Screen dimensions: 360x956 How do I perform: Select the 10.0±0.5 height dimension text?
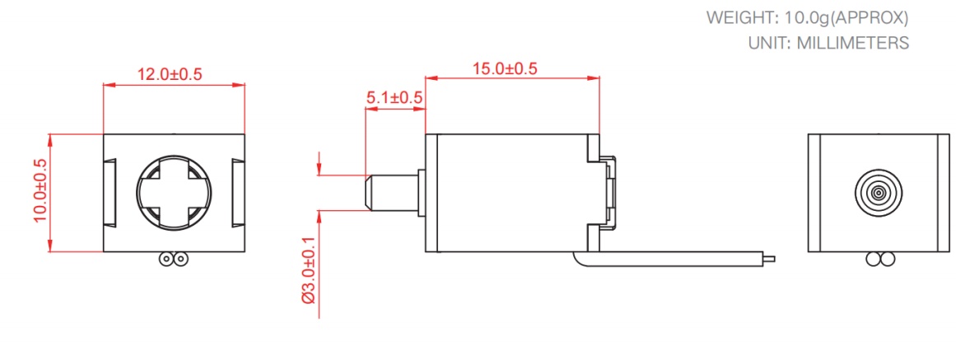39,191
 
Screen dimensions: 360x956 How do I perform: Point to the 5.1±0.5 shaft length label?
394,98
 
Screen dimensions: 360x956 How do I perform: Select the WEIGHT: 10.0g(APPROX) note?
808,17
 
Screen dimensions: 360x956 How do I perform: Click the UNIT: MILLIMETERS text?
828,43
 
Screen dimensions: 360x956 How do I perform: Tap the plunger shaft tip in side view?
369,191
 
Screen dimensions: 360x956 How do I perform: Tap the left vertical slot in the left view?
110,192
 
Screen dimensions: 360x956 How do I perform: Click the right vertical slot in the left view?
237,192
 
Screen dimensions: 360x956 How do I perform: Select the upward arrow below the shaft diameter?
319,217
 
